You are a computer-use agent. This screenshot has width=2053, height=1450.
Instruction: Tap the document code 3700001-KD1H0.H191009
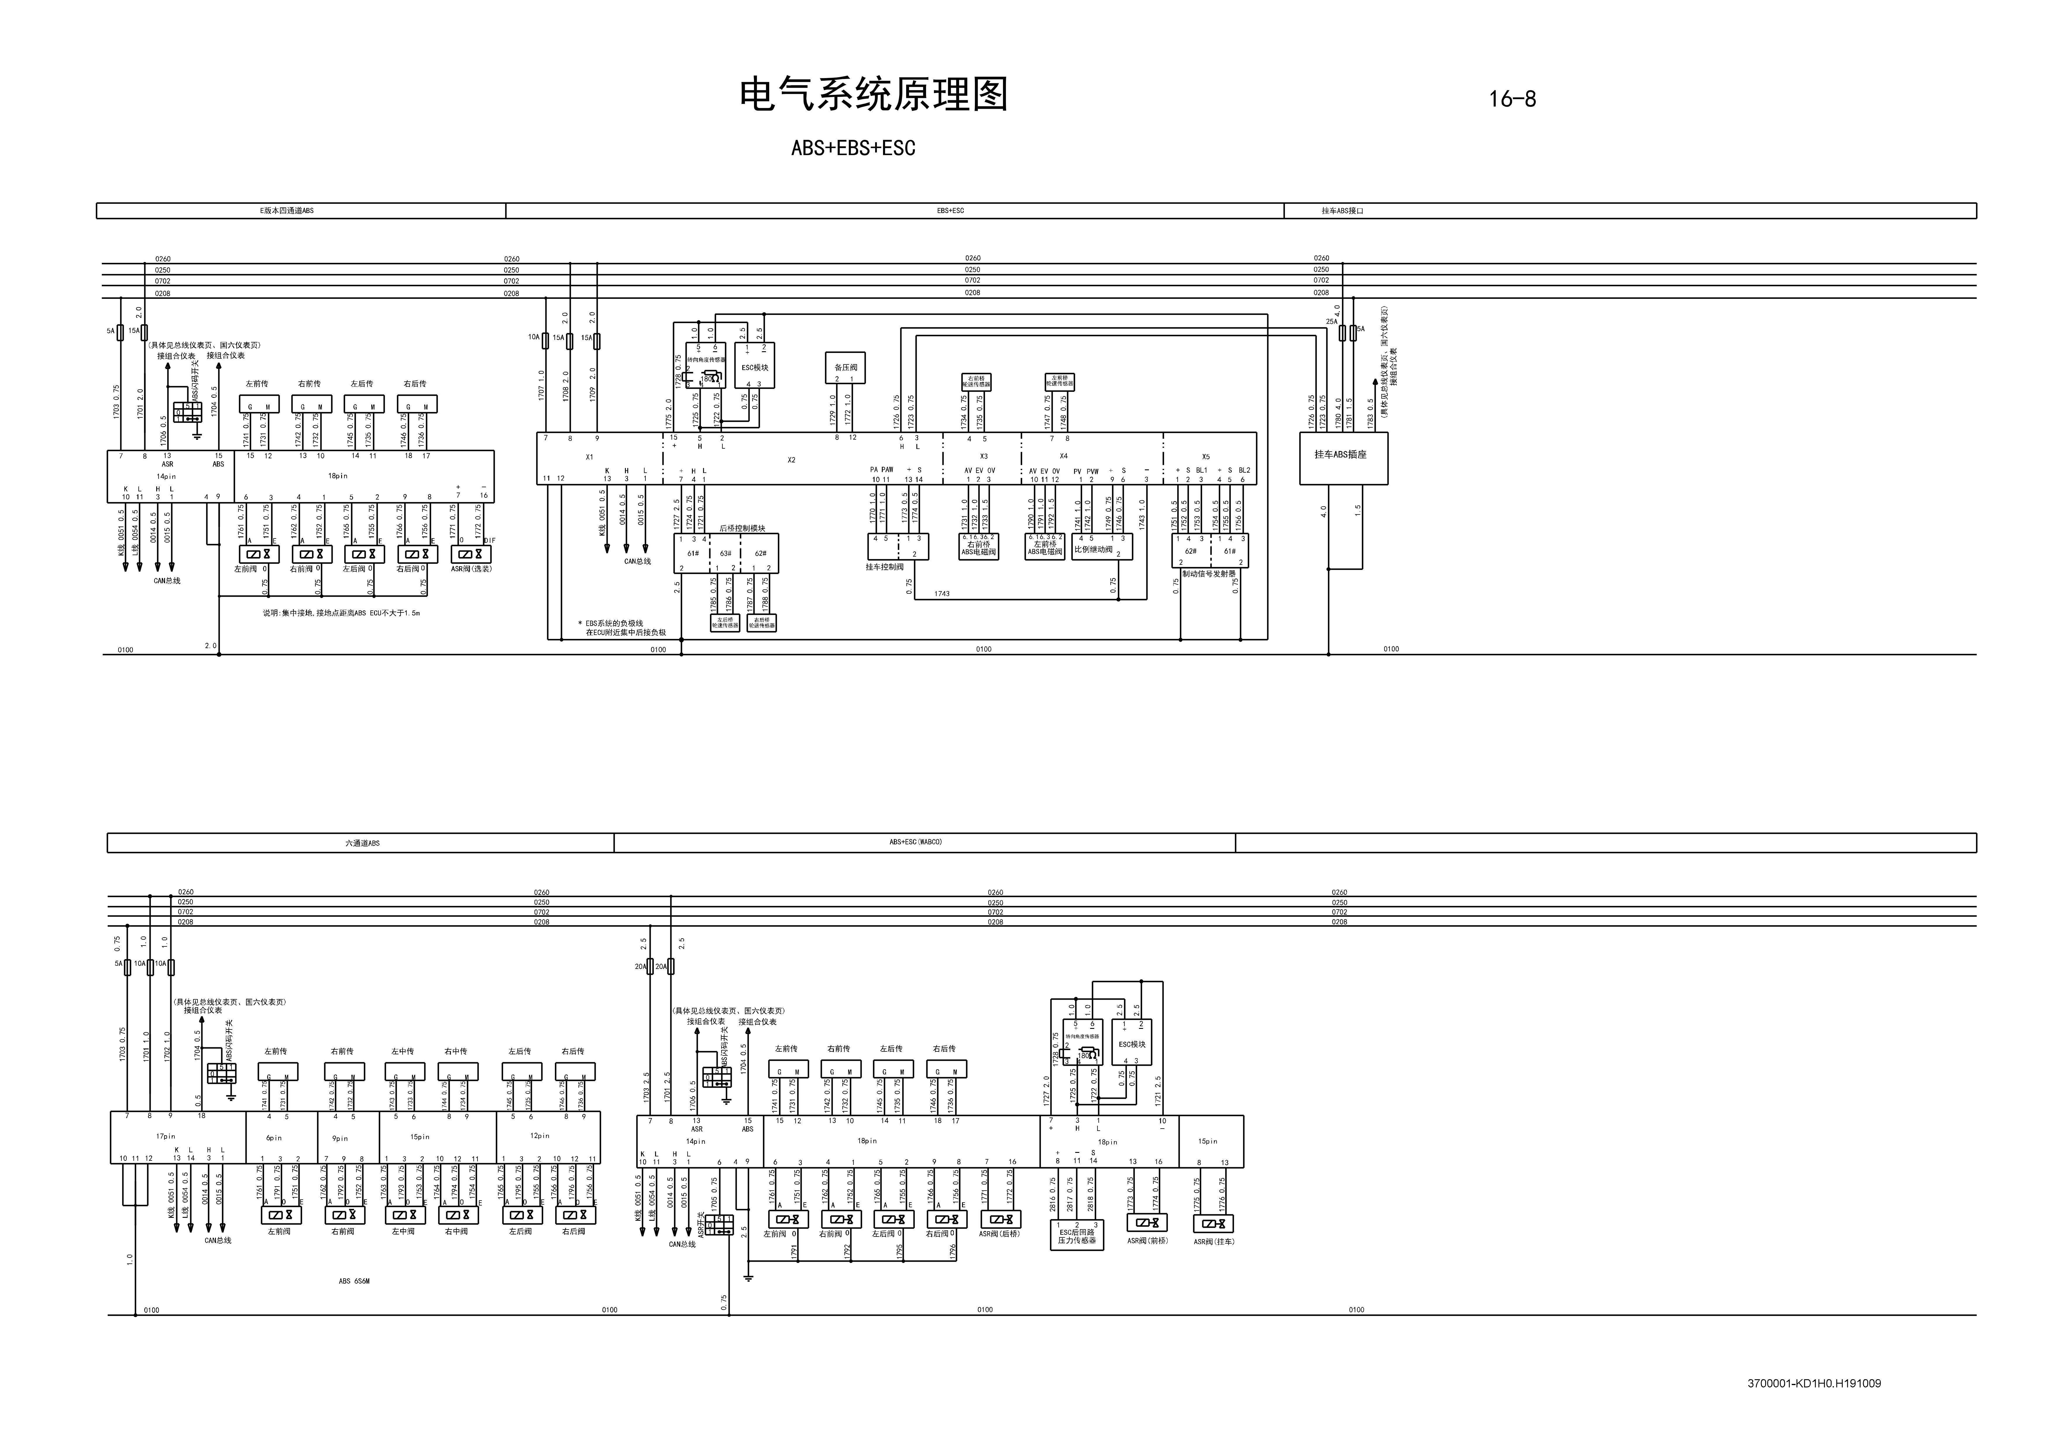(x=1814, y=1383)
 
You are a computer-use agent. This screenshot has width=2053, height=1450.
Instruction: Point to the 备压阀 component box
(x=845, y=367)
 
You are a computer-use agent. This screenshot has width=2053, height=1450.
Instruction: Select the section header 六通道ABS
(x=362, y=843)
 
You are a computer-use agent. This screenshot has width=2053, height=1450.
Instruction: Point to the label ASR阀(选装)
(x=471, y=569)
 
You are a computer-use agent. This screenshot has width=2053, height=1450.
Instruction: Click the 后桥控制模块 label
(x=742, y=528)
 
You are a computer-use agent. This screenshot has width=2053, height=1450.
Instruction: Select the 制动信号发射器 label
(x=1209, y=574)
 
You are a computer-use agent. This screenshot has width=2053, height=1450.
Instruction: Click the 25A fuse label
(x=1331, y=322)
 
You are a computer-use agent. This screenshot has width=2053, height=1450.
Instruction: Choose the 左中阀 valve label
(x=403, y=1231)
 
